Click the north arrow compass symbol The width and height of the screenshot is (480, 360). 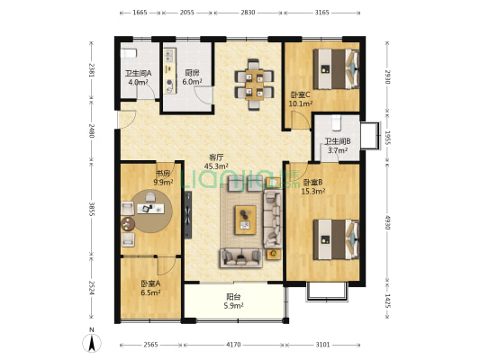pyautogui.click(x=92, y=342)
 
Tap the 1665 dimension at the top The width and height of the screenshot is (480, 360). pyautogui.click(x=140, y=13)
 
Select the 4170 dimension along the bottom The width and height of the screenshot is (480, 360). pyautogui.click(x=233, y=345)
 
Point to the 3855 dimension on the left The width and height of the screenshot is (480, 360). pyautogui.click(x=91, y=209)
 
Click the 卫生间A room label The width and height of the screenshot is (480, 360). pyautogui.click(x=138, y=74)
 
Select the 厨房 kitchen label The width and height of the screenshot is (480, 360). pyautogui.click(x=192, y=73)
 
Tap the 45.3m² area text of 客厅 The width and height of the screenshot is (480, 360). pyautogui.click(x=216, y=166)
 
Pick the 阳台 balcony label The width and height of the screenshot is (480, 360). pyautogui.click(x=233, y=297)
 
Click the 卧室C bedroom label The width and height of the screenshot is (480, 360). pyautogui.click(x=300, y=95)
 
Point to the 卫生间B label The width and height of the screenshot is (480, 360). pyautogui.click(x=338, y=141)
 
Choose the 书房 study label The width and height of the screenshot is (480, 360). pyautogui.click(x=163, y=174)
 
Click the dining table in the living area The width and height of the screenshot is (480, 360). pyautogui.click(x=254, y=85)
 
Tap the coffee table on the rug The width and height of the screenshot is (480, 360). pyautogui.click(x=246, y=220)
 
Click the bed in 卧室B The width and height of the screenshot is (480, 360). pyautogui.click(x=336, y=239)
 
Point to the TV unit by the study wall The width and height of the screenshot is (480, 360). pyautogui.click(x=188, y=215)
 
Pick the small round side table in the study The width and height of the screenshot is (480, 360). pyautogui.click(x=128, y=224)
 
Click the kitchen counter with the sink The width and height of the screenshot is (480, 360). pyautogui.click(x=170, y=71)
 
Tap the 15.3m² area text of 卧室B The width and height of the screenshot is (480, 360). pyautogui.click(x=313, y=192)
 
